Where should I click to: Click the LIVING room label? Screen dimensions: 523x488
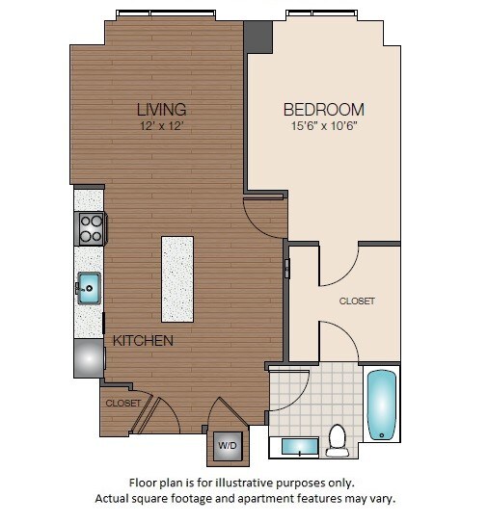click(x=161, y=109)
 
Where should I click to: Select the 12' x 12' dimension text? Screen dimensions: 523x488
click(x=161, y=125)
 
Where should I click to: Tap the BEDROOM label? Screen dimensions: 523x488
click(x=323, y=109)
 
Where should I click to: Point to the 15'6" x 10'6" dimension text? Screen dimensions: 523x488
click(x=323, y=125)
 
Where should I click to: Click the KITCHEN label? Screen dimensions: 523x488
click(x=143, y=341)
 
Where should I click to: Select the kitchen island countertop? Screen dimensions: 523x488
click(x=176, y=278)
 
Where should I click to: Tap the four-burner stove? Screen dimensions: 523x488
click(x=91, y=228)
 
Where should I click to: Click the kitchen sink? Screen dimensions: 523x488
click(x=89, y=286)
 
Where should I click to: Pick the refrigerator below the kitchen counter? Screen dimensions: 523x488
click(x=90, y=357)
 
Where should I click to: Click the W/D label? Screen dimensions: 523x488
click(x=228, y=446)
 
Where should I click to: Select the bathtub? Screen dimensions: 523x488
click(x=381, y=405)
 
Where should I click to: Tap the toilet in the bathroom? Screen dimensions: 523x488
click(x=338, y=440)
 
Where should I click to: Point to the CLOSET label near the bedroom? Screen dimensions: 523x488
click(x=356, y=301)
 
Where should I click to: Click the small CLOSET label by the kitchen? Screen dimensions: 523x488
click(x=122, y=403)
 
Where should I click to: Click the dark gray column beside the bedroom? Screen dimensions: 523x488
click(x=258, y=37)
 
